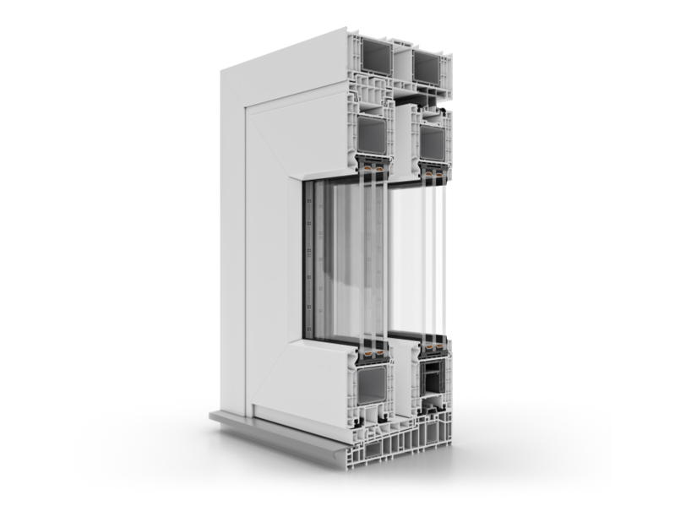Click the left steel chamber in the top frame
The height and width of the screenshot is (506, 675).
click(x=375, y=59)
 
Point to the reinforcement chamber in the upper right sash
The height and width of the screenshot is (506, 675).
click(x=432, y=143)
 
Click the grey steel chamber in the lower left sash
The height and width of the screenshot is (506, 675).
click(x=372, y=385)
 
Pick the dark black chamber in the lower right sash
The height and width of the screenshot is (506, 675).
click(x=432, y=380)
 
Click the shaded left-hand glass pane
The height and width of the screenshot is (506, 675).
click(x=346, y=262)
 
